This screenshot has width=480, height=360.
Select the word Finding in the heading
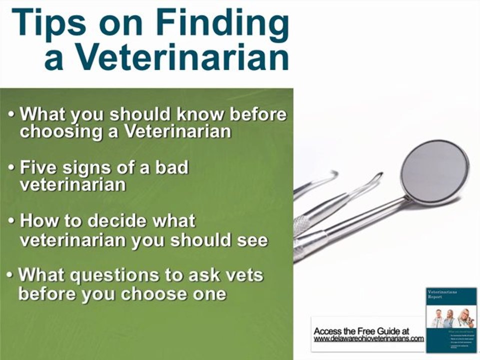[220, 25]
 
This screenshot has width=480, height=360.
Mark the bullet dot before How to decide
[11, 221]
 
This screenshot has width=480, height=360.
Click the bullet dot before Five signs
[11, 168]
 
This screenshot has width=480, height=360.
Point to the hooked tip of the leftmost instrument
[330, 174]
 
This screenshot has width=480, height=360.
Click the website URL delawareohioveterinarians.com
[368, 338]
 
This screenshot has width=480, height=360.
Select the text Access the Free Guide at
[361, 331]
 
